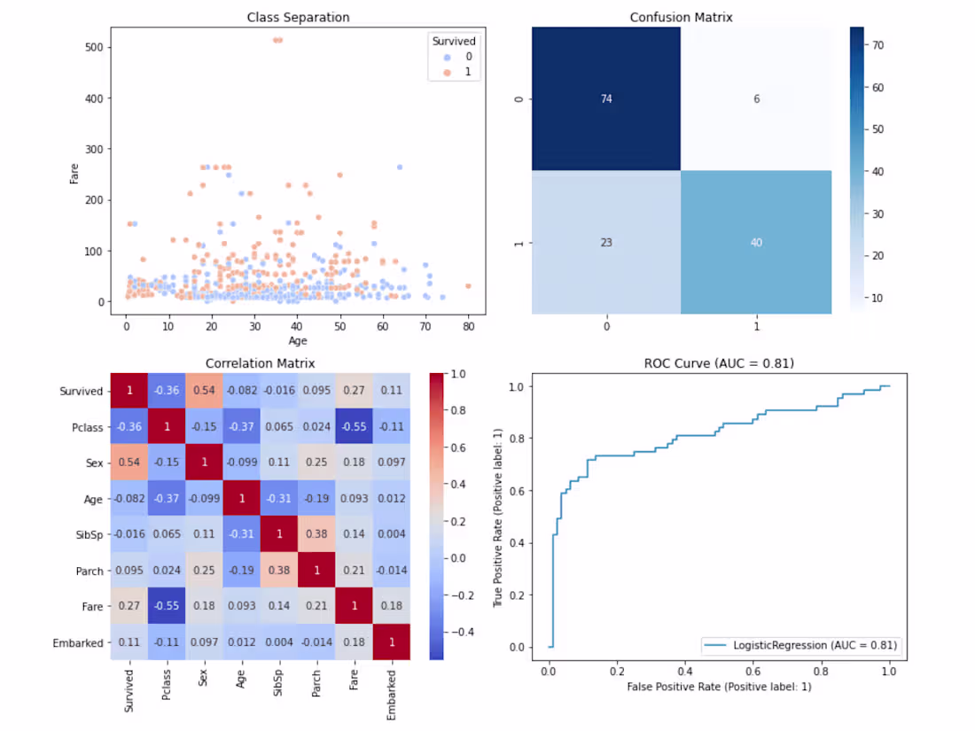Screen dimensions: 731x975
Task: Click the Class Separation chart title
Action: (298, 17)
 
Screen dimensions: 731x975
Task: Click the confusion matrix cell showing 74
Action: (605, 98)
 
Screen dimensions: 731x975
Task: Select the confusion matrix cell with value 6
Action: (756, 98)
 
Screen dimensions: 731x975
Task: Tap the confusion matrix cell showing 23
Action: (605, 241)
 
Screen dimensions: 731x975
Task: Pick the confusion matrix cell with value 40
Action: (756, 241)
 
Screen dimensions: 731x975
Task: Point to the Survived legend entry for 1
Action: (456, 74)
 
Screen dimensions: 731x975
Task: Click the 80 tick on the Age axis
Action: (468, 327)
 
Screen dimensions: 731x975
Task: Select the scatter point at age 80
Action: (468, 285)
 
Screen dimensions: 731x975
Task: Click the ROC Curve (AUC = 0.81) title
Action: (719, 363)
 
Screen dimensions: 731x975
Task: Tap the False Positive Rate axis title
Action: (719, 687)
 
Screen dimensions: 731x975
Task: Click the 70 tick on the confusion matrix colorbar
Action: (879, 43)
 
